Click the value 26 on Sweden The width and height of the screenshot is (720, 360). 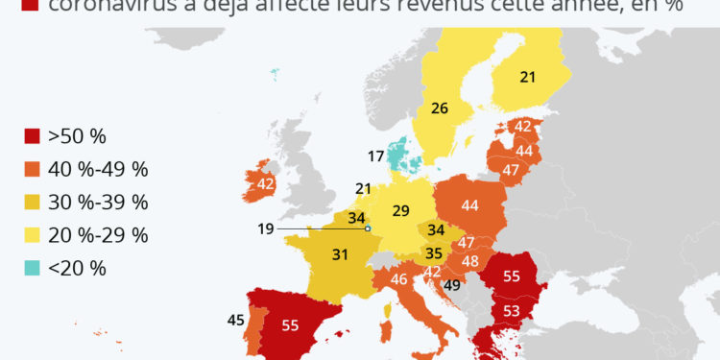pos(439,108)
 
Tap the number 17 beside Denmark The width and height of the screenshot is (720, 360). pos(376,156)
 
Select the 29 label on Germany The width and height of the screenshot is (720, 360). pos(400,209)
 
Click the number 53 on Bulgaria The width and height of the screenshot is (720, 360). pos(512,310)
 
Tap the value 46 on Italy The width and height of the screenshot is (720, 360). pos(398,279)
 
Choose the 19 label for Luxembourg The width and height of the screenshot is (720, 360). pos(267,228)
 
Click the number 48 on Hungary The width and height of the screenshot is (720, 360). pos(470,261)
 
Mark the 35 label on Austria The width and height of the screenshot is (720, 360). pos(433,254)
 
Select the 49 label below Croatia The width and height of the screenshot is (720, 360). pos(452,284)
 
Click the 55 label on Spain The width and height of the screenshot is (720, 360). pos(291,325)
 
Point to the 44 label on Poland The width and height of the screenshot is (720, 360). pos(470,204)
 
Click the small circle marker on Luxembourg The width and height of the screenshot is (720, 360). pos(368,228)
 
